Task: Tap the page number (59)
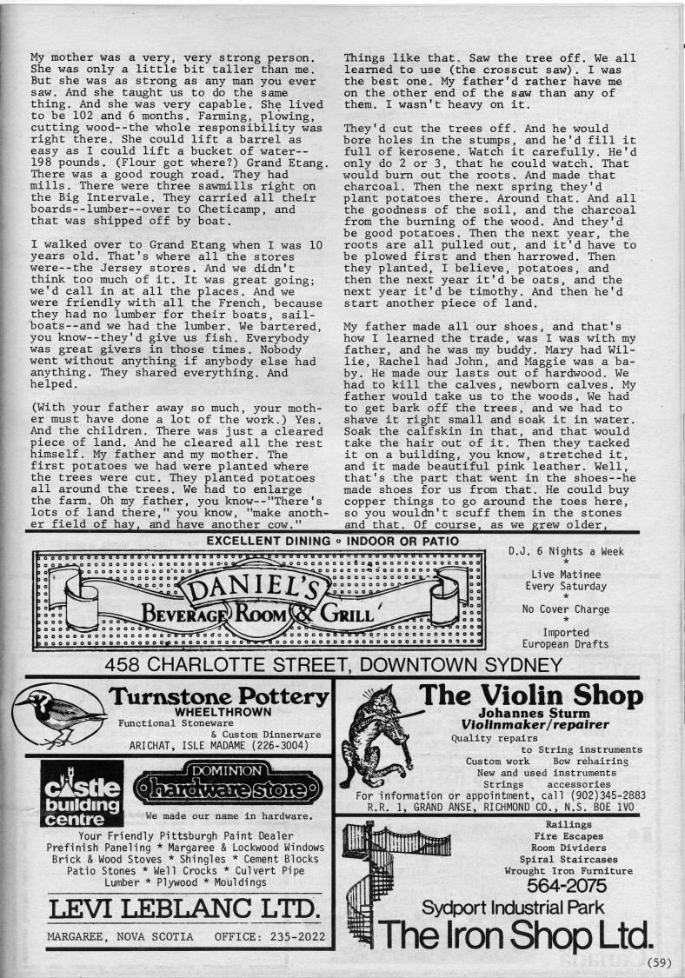(666, 961)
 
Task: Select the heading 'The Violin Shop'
(531, 695)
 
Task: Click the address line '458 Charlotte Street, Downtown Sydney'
(334, 666)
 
